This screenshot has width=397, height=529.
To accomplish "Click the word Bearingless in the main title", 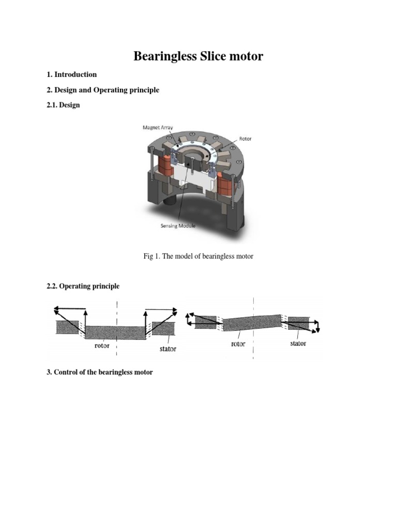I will click(165, 56).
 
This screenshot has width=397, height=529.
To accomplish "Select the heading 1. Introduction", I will click(72, 74).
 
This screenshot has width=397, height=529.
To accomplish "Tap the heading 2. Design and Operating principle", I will click(103, 90).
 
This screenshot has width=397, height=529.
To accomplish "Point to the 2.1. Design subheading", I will click(63, 105).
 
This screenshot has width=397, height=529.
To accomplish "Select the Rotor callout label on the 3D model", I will click(245, 139).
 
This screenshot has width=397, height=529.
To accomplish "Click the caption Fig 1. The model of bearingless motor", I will click(198, 256).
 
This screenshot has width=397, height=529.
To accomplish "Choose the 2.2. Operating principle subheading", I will click(83, 286).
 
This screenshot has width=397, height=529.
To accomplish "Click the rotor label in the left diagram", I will click(102, 346).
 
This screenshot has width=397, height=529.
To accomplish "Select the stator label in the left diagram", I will click(167, 349).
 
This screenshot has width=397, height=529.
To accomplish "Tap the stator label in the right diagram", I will click(298, 344).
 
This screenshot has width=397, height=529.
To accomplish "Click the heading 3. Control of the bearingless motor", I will click(100, 372).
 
